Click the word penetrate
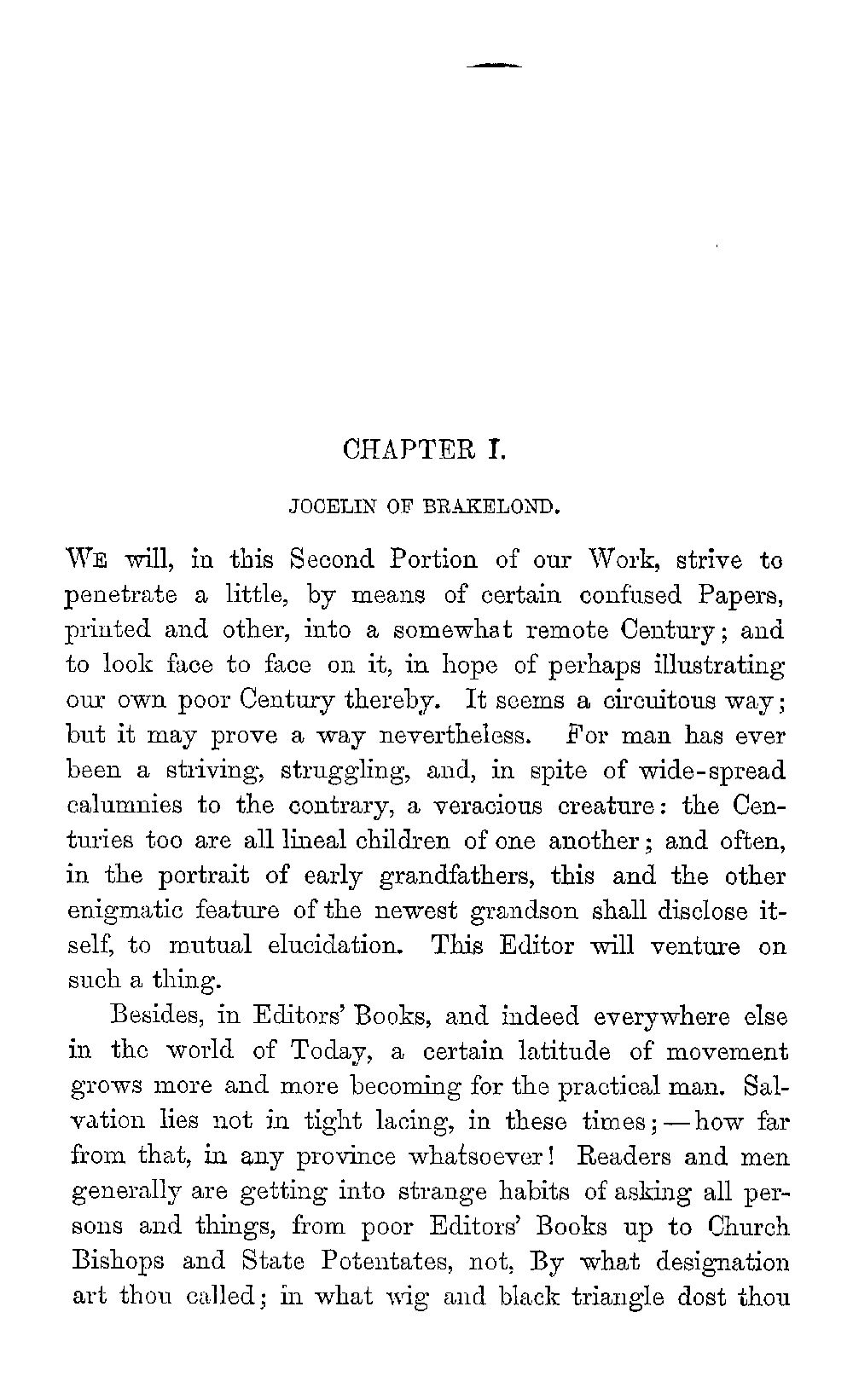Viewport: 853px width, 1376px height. pos(122,596)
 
